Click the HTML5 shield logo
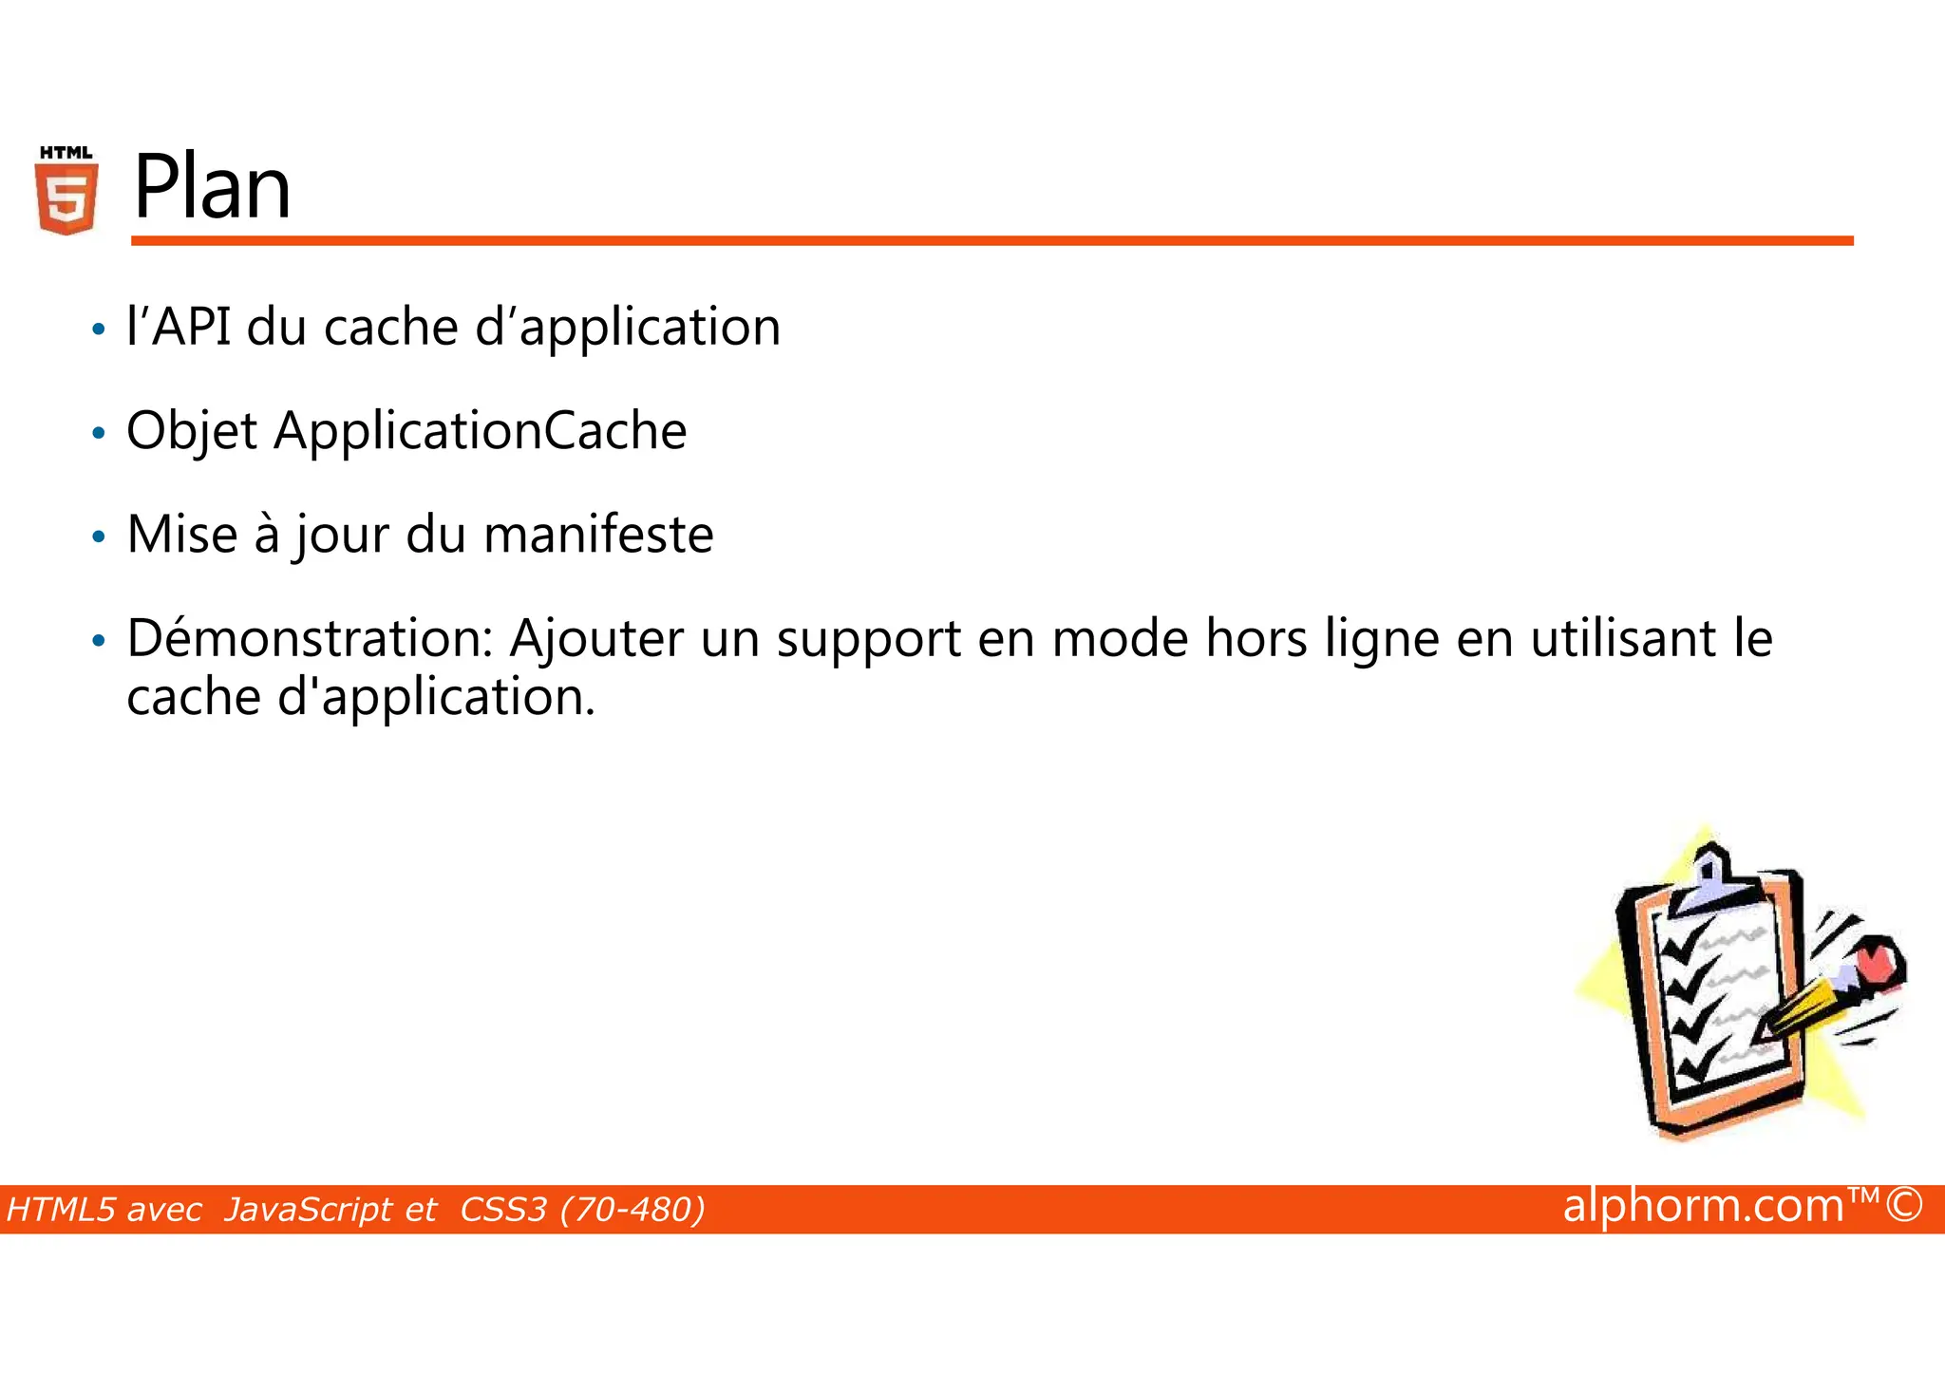[x=66, y=191]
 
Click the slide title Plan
[x=212, y=188]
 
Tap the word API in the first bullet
[x=191, y=328]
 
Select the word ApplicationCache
[x=481, y=431]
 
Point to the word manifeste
[x=598, y=535]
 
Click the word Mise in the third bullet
[x=181, y=535]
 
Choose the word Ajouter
[x=596, y=638]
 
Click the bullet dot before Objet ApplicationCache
[x=98, y=434]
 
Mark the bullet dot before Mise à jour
[x=98, y=537]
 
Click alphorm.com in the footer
[x=1703, y=1206]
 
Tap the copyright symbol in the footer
[x=1904, y=1206]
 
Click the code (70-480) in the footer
[x=633, y=1210]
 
